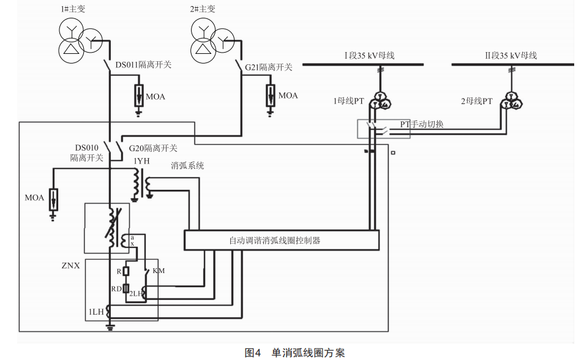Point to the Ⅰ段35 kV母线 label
(369, 56)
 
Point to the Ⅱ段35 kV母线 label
(511, 56)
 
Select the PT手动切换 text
(422, 124)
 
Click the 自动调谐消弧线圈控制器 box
(282, 240)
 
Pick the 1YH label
(141, 161)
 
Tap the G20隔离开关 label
(153, 148)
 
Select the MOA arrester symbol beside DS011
(139, 96)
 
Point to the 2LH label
(136, 294)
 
